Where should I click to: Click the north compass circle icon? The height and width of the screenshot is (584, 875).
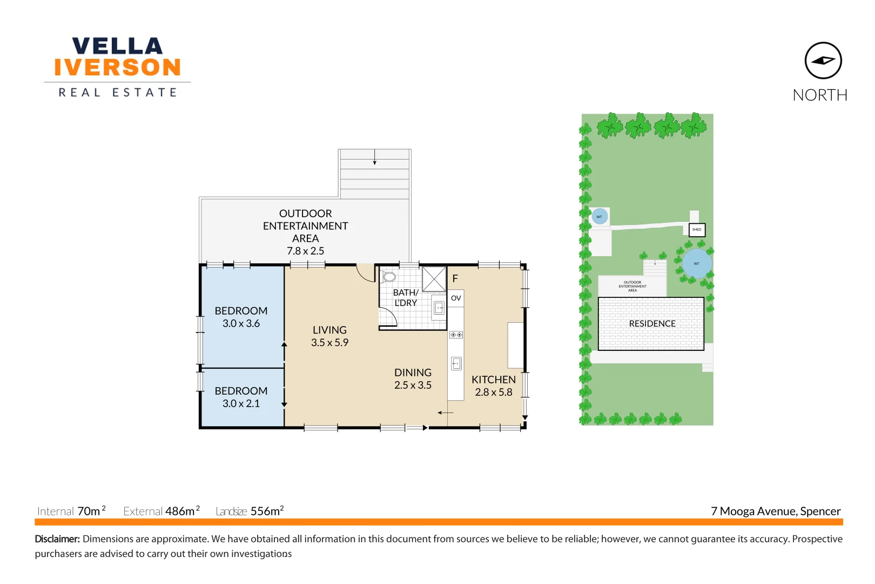pyautogui.click(x=823, y=61)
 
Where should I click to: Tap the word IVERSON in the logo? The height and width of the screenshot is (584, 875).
pyautogui.click(x=117, y=68)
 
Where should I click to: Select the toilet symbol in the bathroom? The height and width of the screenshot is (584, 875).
pyautogui.click(x=389, y=277)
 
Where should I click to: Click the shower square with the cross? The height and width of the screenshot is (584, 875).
pyautogui.click(x=434, y=279)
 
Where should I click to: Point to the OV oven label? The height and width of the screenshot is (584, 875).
pyautogui.click(x=456, y=298)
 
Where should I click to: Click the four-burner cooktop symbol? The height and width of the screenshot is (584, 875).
pyautogui.click(x=456, y=335)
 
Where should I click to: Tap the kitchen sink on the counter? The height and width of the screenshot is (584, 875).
pyautogui.click(x=456, y=363)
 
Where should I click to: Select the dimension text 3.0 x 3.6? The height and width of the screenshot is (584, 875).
pyautogui.click(x=241, y=323)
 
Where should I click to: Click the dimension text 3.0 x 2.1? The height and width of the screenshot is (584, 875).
pyautogui.click(x=241, y=403)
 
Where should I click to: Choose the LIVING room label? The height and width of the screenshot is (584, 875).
pyautogui.click(x=329, y=330)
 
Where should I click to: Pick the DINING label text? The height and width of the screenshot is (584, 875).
pyautogui.click(x=413, y=373)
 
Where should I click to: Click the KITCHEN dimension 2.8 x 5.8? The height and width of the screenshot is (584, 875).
pyautogui.click(x=493, y=392)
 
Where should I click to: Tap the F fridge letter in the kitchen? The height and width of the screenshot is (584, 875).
pyautogui.click(x=455, y=278)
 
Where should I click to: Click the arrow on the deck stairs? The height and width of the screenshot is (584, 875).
pyautogui.click(x=374, y=158)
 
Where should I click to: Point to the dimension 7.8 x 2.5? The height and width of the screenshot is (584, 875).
pyautogui.click(x=305, y=251)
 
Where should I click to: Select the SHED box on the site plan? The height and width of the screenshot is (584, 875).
pyautogui.click(x=697, y=230)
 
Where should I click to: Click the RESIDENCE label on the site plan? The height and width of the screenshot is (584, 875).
pyautogui.click(x=652, y=323)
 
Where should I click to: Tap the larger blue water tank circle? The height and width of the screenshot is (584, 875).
pyautogui.click(x=696, y=263)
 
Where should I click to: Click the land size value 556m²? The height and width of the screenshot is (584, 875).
pyautogui.click(x=267, y=511)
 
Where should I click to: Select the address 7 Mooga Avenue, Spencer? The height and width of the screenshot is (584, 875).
pyautogui.click(x=775, y=511)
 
